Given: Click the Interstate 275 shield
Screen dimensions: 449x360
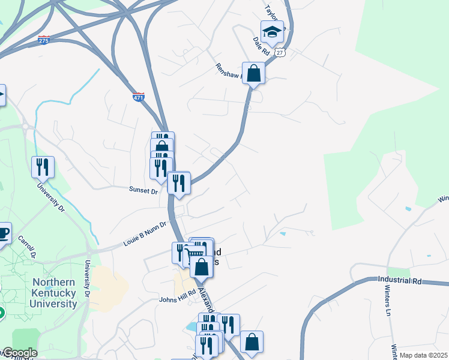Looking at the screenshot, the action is click(x=43, y=40).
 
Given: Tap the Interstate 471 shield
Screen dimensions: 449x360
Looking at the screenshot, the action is click(x=139, y=97).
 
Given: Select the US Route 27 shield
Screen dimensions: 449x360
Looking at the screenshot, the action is click(x=280, y=52).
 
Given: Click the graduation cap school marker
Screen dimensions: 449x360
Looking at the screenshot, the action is click(x=272, y=32).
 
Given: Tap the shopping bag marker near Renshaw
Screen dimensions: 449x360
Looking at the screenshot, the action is click(x=254, y=74).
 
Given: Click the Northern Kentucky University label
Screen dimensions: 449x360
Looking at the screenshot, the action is click(x=54, y=293).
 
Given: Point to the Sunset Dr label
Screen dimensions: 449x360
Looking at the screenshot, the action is click(x=143, y=190).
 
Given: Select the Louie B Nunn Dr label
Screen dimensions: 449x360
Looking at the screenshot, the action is click(x=144, y=233).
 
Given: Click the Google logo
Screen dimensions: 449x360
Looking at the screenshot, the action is click(x=19, y=353).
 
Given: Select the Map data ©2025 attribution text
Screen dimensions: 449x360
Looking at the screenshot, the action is click(x=423, y=355).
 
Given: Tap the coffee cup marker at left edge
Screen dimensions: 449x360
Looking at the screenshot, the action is click(x=3, y=233).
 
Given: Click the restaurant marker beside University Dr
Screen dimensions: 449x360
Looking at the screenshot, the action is click(x=43, y=167).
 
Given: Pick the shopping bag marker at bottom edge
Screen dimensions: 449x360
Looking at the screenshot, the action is click(x=252, y=342).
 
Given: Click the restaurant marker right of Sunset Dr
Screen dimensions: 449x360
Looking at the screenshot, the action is click(x=178, y=183).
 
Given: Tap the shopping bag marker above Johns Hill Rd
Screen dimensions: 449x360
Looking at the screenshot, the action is click(x=201, y=267).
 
